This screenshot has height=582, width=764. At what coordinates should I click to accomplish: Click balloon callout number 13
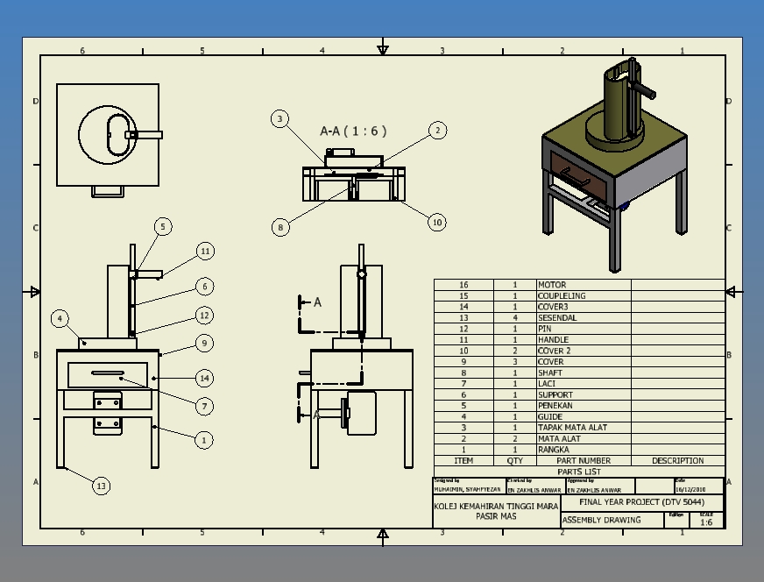pyautogui.click(x=102, y=486)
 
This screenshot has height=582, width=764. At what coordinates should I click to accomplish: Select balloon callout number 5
pyautogui.click(x=163, y=227)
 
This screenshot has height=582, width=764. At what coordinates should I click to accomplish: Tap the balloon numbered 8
pyautogui.click(x=280, y=227)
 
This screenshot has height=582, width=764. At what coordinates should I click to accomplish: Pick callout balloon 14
pyautogui.click(x=204, y=379)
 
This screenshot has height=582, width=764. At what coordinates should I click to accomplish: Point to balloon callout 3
pyautogui.click(x=279, y=119)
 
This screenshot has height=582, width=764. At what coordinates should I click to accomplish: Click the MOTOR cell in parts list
pyautogui.click(x=552, y=285)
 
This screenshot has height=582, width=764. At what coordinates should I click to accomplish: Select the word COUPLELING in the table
pyautogui.click(x=562, y=296)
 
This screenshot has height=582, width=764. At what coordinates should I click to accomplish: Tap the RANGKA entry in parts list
pyautogui.click(x=554, y=450)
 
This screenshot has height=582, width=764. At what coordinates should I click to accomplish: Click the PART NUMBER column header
pyautogui.click(x=583, y=461)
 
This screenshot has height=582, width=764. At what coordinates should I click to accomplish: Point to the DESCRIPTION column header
pyautogui.click(x=677, y=461)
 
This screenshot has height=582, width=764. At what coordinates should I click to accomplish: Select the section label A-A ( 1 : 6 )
pyautogui.click(x=353, y=131)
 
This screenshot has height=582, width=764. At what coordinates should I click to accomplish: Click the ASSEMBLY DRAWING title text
pyautogui.click(x=601, y=520)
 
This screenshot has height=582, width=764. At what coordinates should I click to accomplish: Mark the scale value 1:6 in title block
pyautogui.click(x=705, y=522)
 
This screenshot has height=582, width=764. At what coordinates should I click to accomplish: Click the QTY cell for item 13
pyautogui.click(x=515, y=318)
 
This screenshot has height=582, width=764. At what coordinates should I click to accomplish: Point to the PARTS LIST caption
pyautogui.click(x=579, y=472)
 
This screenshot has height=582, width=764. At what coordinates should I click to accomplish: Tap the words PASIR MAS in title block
pyautogui.click(x=496, y=517)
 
